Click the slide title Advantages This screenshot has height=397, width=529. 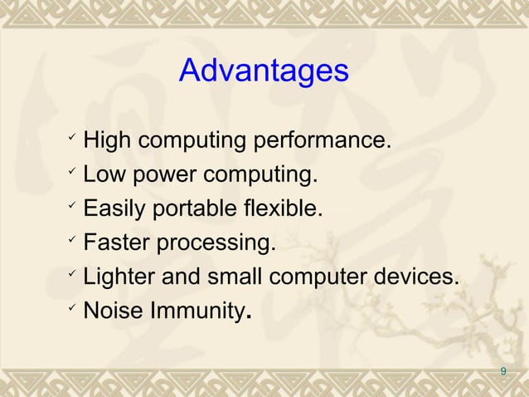[x=264, y=71]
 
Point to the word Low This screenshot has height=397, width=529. [x=104, y=175]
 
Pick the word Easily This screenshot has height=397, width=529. [x=114, y=209]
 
